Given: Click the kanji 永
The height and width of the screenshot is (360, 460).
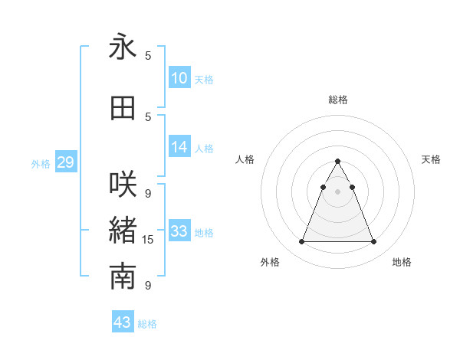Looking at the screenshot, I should [123, 47].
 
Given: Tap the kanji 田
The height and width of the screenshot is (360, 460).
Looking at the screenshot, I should [123, 109].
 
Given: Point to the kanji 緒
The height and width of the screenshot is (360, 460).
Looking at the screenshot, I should [123, 231].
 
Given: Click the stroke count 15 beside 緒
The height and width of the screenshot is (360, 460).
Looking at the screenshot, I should [148, 240].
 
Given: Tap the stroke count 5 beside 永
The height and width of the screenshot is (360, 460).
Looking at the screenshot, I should [148, 56].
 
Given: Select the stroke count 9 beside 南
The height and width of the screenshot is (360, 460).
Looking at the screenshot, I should [148, 286].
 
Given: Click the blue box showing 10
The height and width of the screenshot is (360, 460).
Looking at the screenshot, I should [179, 77].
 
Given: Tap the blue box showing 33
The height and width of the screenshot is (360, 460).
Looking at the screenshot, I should [179, 231].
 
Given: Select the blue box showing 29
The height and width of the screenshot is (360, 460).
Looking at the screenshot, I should [65, 162].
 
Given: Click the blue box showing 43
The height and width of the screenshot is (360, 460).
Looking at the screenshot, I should [123, 322].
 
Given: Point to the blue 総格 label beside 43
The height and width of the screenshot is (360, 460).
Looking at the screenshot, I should [147, 324].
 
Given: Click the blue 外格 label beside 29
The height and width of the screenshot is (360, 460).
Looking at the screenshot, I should [41, 163].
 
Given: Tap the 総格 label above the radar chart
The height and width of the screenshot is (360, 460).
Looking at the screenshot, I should [338, 100].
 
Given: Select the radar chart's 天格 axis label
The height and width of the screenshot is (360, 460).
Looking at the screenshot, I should [432, 159].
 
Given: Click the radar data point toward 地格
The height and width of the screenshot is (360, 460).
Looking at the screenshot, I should [373, 242].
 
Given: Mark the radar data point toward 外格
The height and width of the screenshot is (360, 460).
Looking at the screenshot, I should [301, 242].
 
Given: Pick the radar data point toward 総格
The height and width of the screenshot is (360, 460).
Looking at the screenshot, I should [337, 162].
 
